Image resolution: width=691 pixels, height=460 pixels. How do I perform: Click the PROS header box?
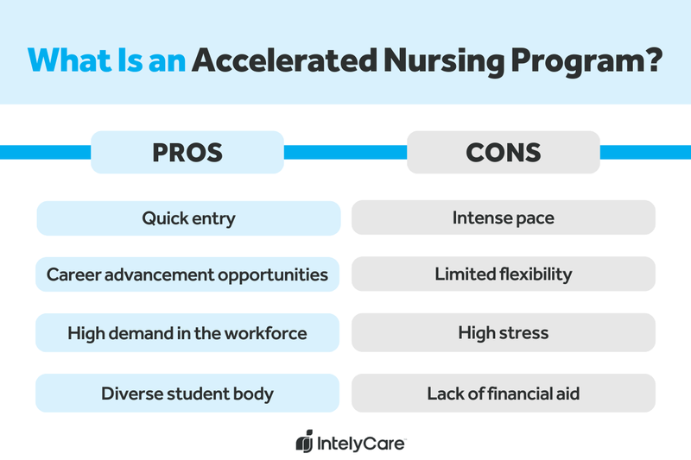coord(187,153)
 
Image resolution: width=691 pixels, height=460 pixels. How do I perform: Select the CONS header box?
coord(504,153)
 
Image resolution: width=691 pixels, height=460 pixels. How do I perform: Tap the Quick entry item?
coord(188,218)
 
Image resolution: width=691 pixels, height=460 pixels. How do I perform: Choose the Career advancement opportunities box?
coord(187,275)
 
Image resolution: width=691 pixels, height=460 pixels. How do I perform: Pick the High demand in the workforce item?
coord(187,333)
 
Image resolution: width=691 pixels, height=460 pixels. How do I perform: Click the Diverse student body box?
coord(187,394)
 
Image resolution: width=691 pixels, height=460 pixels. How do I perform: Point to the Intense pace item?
coord(504,218)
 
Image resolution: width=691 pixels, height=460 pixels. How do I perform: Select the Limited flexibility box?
coord(504,275)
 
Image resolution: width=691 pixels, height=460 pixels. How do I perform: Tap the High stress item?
coord(504,333)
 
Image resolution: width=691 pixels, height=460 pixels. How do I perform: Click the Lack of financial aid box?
coord(504,394)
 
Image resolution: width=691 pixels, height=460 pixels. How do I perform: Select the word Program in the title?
coord(580,61)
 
